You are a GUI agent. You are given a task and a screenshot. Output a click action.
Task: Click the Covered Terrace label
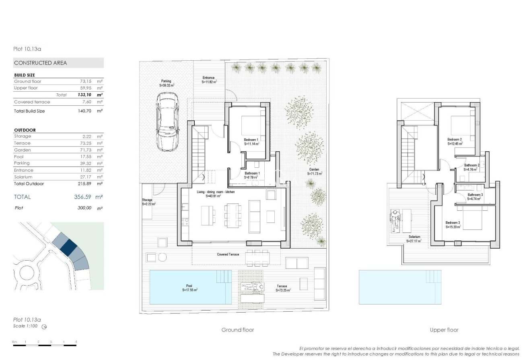(228, 254)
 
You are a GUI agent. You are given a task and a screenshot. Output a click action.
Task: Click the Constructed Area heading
(41, 63)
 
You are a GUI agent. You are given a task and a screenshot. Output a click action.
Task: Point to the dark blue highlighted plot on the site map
(68, 247)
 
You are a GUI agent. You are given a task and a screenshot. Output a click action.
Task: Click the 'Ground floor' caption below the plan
(238, 330)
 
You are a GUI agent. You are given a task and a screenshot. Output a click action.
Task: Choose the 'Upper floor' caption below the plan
(444, 330)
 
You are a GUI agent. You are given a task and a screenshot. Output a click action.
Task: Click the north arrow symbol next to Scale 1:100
(44, 327)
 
